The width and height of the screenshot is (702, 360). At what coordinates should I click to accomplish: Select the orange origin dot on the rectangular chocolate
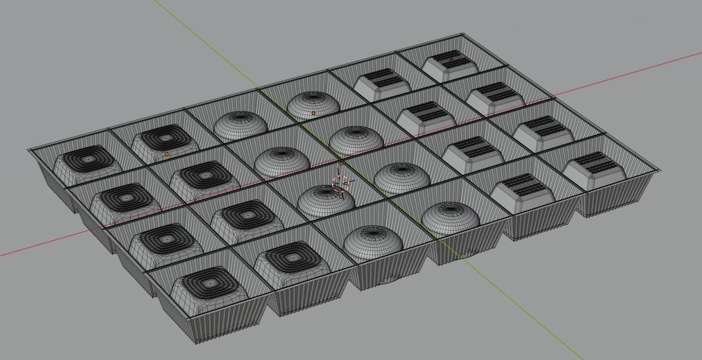click(451, 60)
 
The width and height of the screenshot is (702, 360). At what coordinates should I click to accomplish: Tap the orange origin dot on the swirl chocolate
click(167, 154)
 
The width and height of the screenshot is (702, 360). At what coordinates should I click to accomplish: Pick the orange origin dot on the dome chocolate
click(313, 114)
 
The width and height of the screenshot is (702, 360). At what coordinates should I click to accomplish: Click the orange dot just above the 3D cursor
click(341, 164)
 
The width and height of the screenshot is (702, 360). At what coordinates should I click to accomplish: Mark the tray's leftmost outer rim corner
click(28, 150)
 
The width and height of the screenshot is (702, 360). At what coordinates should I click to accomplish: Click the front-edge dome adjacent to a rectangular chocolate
click(450, 216)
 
